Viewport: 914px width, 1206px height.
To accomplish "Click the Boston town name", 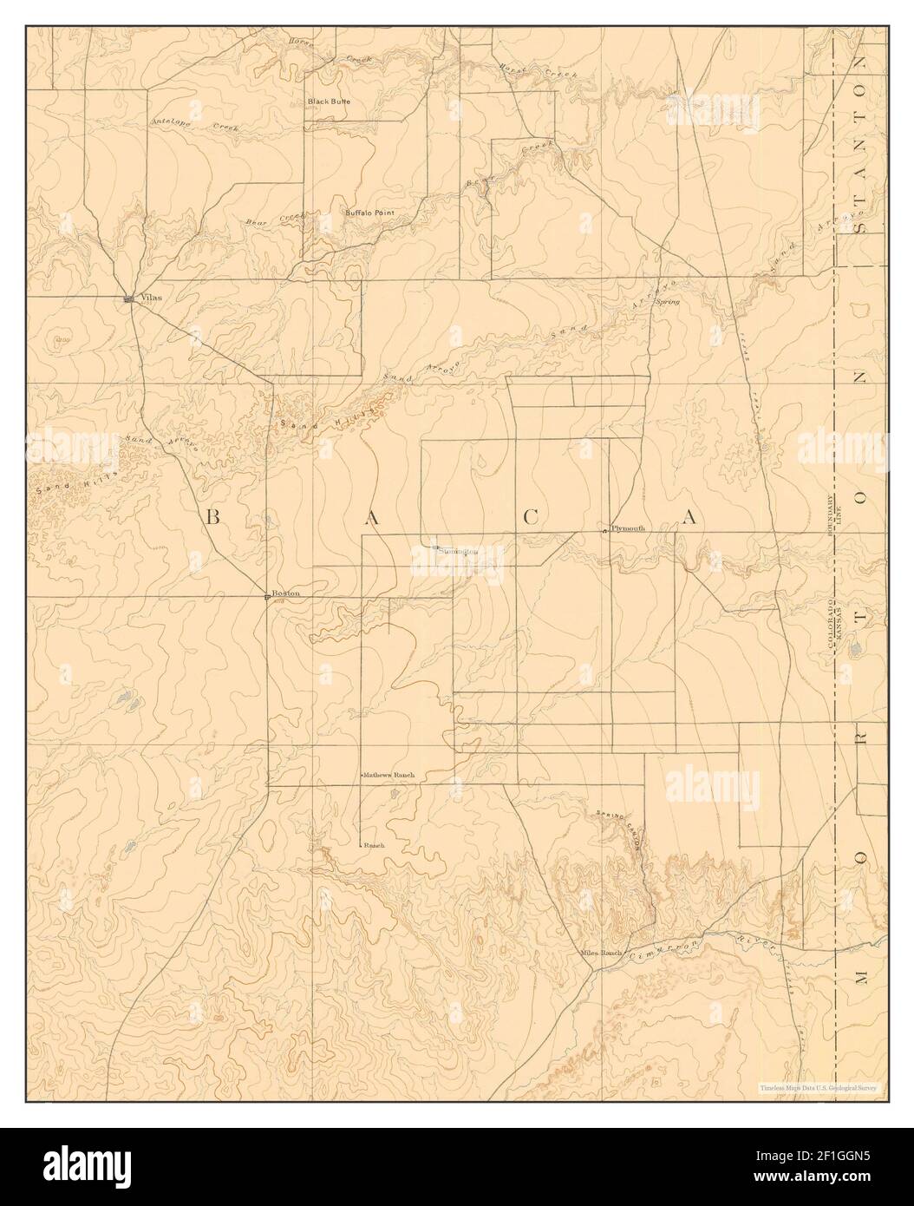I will click(285, 593).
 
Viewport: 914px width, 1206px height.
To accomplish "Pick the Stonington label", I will click(458, 550).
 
